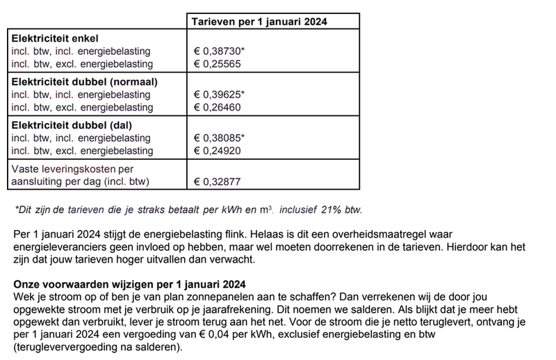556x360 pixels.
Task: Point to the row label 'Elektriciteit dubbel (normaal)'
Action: point(84,81)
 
